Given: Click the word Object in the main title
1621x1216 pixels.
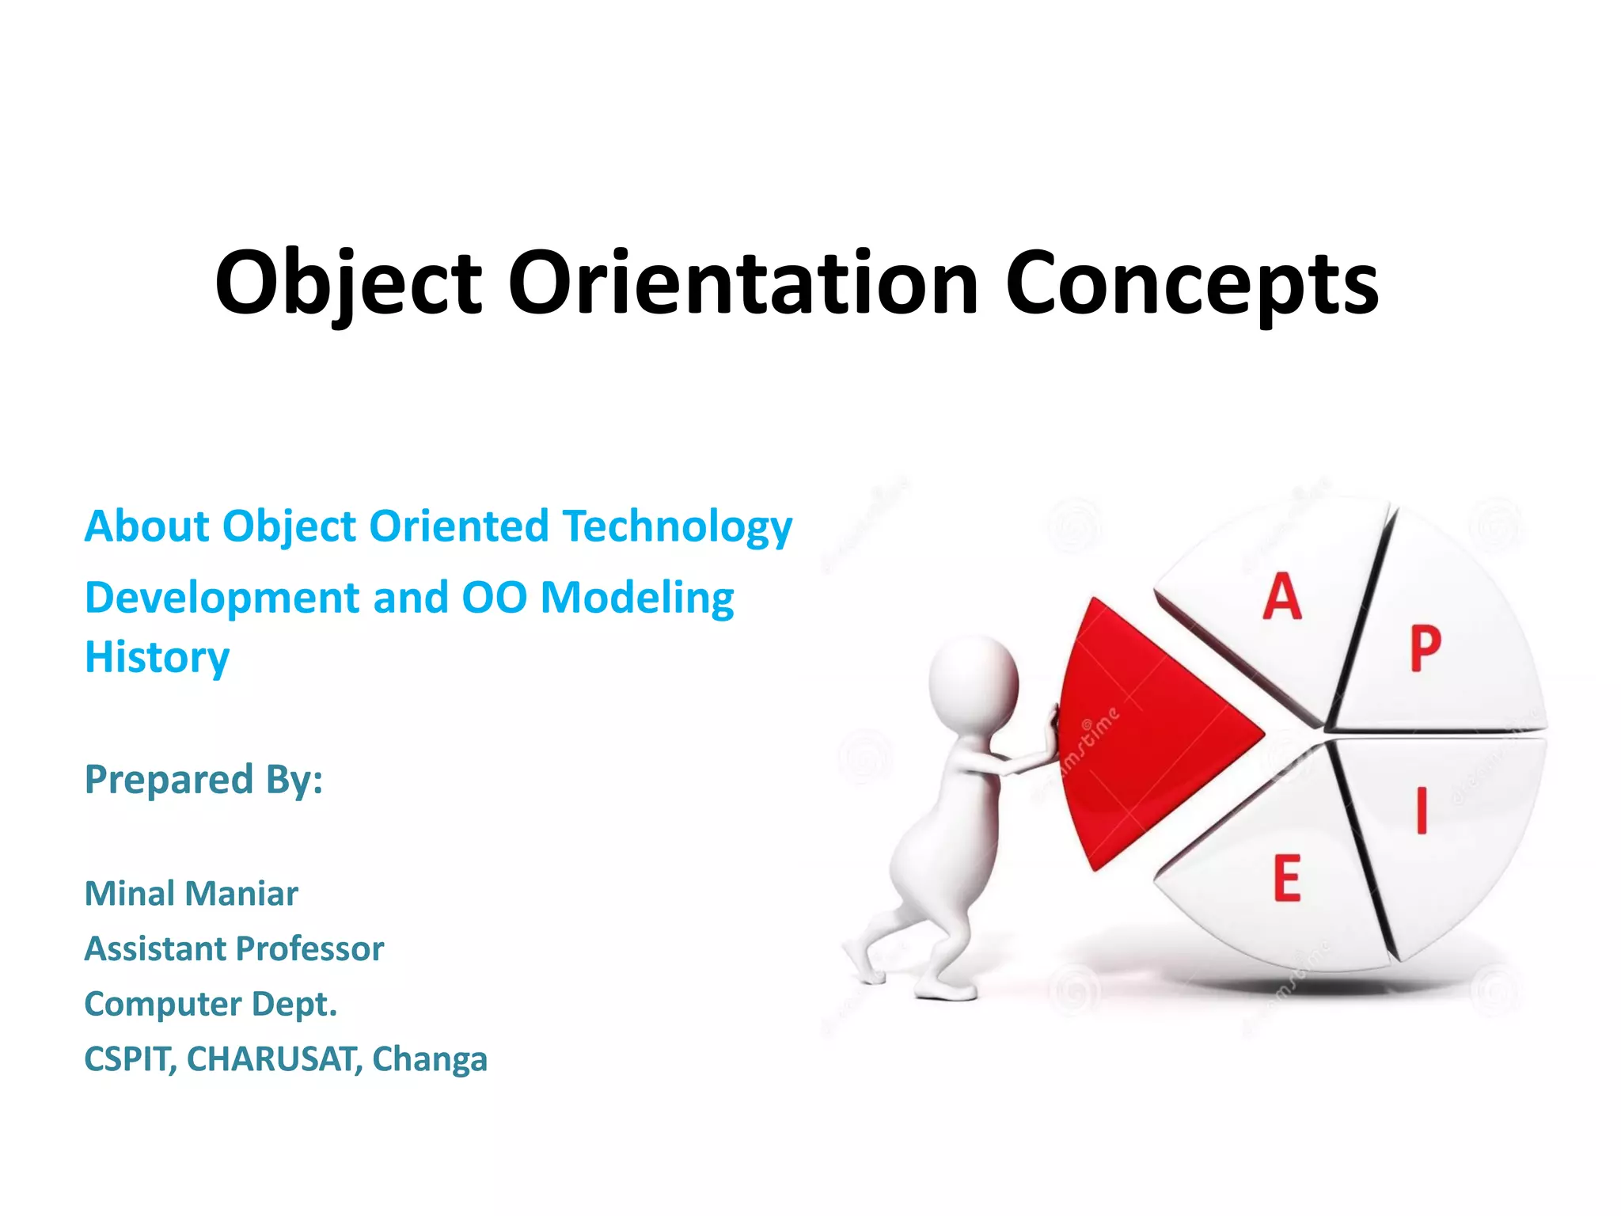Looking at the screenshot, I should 348,283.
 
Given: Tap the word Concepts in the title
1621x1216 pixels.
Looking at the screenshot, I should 1192,283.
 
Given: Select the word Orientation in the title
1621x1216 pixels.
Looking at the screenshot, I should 742,283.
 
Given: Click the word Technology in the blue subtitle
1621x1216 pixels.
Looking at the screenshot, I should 677,526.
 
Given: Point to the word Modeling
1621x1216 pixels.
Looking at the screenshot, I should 637,598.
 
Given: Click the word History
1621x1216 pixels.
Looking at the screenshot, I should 157,657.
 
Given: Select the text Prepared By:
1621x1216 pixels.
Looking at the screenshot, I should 203,779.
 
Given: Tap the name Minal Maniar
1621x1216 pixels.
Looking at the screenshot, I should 191,894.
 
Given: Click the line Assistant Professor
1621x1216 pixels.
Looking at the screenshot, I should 233,948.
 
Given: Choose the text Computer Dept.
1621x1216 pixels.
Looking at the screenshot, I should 211,1004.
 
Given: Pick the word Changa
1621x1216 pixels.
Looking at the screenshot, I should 430,1059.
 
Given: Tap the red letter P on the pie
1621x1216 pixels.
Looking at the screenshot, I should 1425,649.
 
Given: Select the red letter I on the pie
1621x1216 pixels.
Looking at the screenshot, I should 1422,810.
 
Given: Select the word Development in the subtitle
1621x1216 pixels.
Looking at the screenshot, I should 222,598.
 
